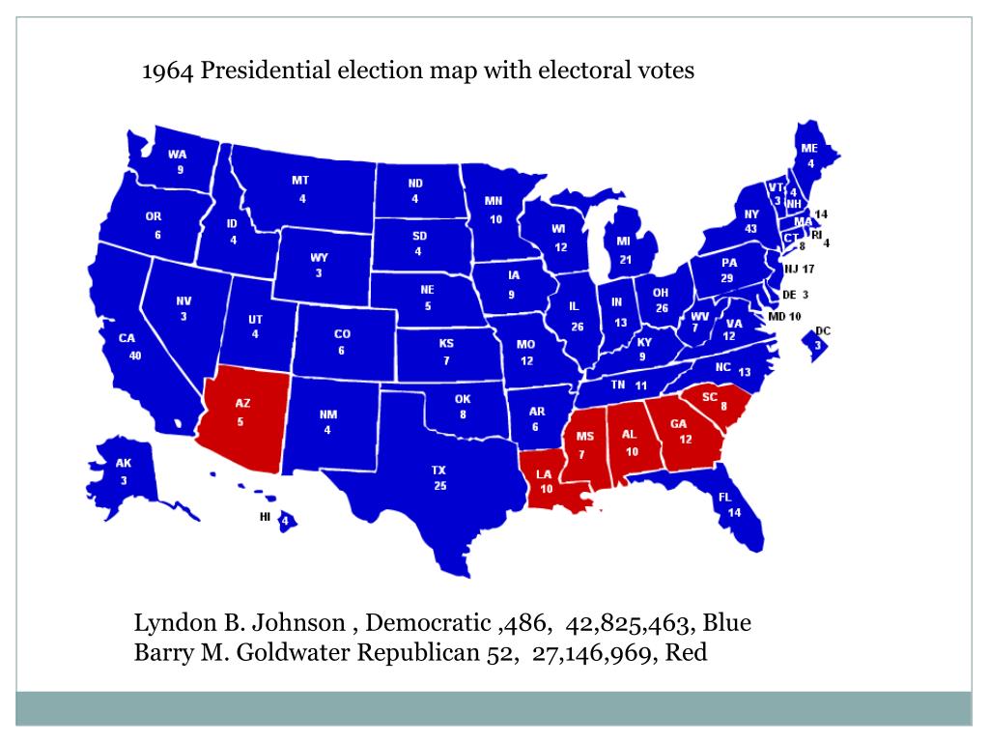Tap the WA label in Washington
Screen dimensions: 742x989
pos(178,154)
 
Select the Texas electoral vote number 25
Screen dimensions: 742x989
pos(439,486)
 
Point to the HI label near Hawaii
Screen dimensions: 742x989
pos(265,517)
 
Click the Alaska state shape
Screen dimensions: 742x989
pos(126,473)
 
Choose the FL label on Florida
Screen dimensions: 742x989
pos(724,497)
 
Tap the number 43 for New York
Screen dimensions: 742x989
pos(751,228)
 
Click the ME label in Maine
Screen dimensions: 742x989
pos(809,148)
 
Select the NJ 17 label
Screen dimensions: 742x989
pos(800,269)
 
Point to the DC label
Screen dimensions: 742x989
pos(823,330)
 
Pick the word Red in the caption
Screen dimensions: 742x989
pos(687,653)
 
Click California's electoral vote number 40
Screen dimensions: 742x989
pos(136,356)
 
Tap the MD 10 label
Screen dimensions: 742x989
pos(785,316)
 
